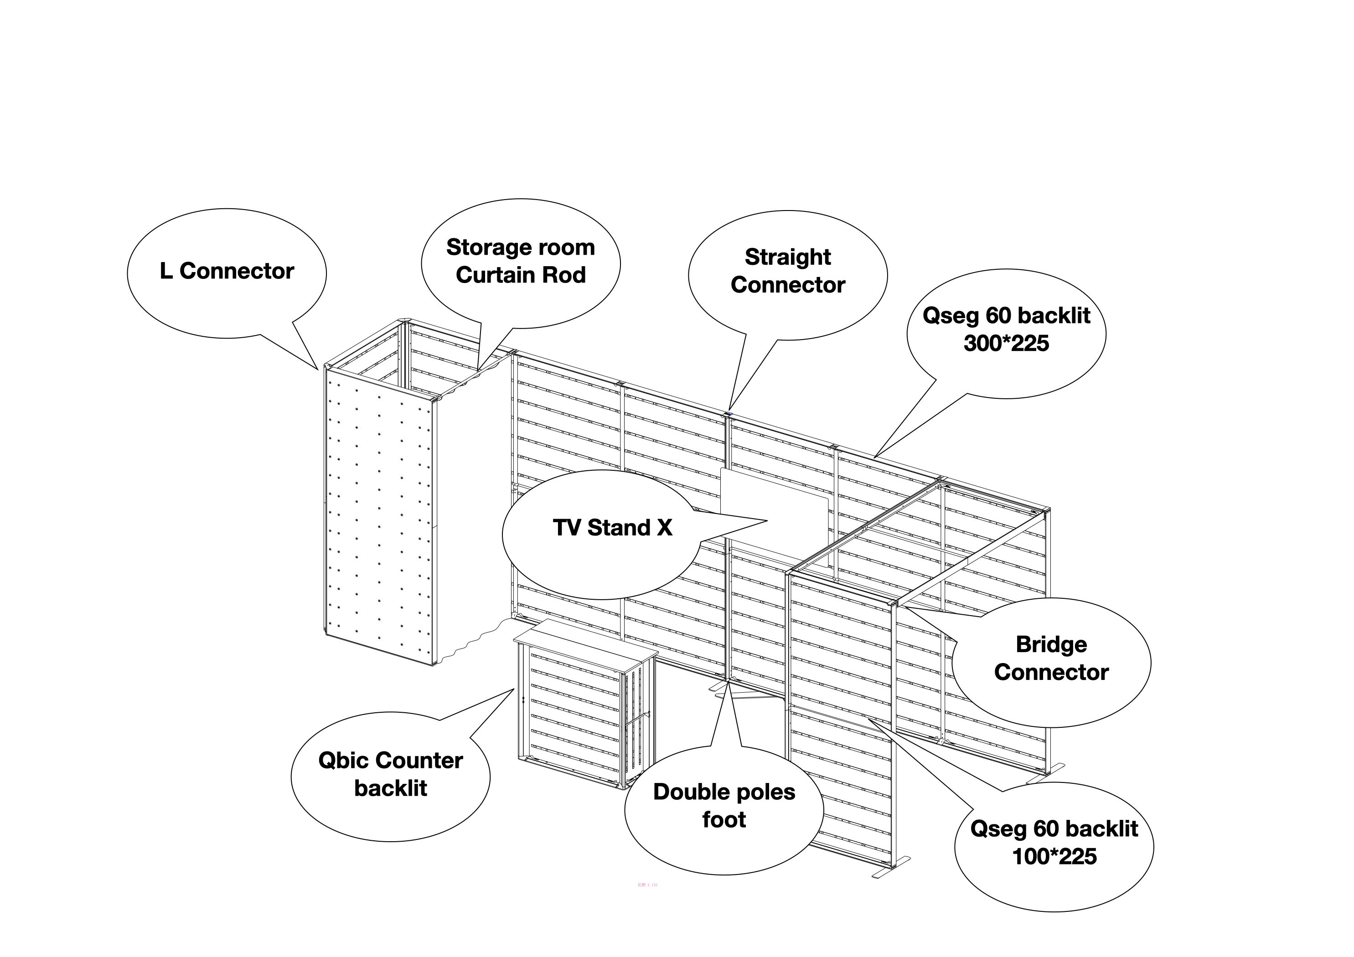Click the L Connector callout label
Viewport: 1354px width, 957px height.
pyautogui.click(x=227, y=271)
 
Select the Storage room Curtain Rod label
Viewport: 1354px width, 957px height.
pyautogui.click(x=520, y=261)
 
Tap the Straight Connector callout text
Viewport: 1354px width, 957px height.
pyautogui.click(x=787, y=271)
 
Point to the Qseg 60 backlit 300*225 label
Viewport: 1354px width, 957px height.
pyautogui.click(x=1006, y=329)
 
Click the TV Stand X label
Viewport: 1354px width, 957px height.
pyautogui.click(x=612, y=528)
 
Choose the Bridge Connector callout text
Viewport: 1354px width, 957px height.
pyautogui.click(x=1051, y=659)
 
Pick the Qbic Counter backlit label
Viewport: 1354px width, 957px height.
pyautogui.click(x=390, y=774)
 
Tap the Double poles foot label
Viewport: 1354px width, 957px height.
pyautogui.click(x=724, y=805)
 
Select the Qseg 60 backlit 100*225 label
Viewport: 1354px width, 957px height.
pyautogui.click(x=1054, y=843)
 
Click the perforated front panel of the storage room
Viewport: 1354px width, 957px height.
pyautogui.click(x=380, y=519)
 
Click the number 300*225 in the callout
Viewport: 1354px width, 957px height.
pyautogui.click(x=1006, y=344)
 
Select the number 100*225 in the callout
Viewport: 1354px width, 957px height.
pyautogui.click(x=1054, y=857)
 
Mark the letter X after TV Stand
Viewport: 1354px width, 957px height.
pyautogui.click(x=664, y=528)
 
